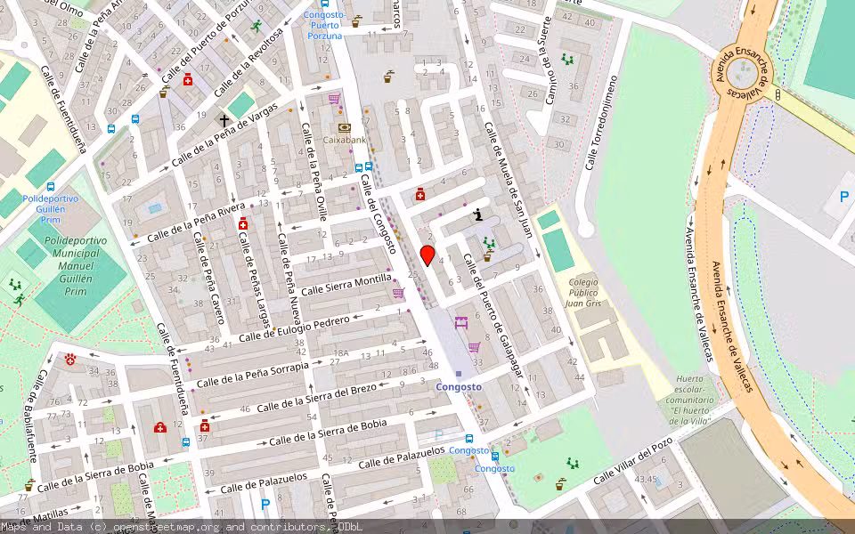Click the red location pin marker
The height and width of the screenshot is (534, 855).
[427, 255]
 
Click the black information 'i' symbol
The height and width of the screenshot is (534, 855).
[479, 214]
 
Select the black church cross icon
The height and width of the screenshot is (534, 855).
[224, 120]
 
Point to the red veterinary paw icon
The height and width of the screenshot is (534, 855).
[71, 360]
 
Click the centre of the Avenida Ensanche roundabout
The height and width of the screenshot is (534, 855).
[742, 74]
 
